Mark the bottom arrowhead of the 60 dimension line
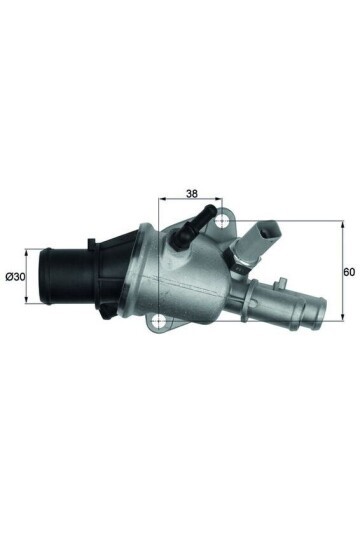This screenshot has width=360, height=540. pyautogui.click(x=343, y=319)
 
